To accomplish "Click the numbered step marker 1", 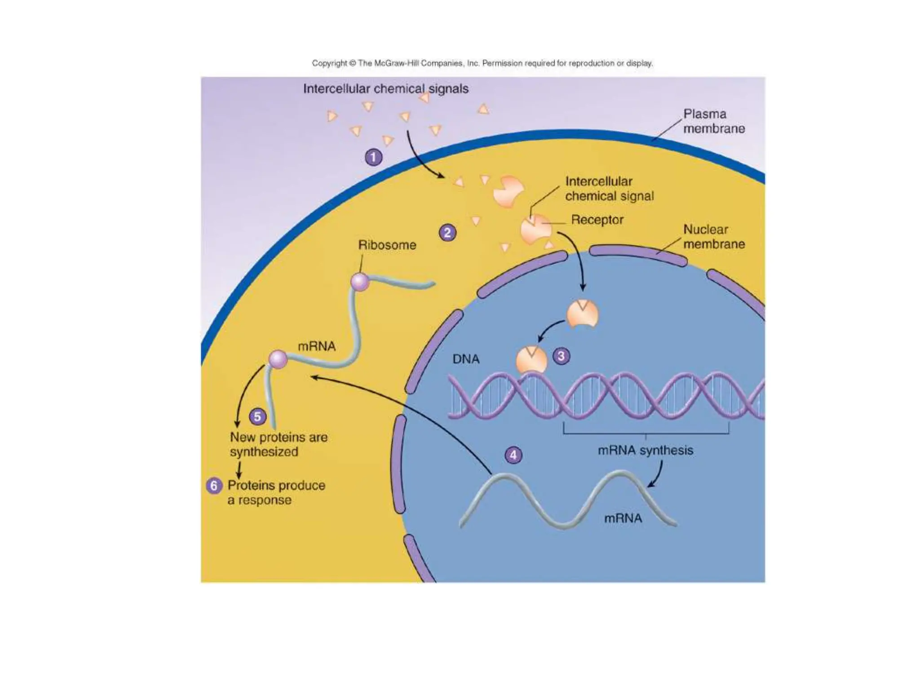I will (x=373, y=157).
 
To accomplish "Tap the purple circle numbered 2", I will (x=447, y=233).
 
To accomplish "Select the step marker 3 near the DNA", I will (x=561, y=356).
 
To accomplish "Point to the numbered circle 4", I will (x=513, y=455).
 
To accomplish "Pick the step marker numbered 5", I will (x=257, y=416).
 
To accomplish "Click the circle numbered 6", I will (x=214, y=486).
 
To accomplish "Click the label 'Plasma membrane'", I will (x=714, y=121).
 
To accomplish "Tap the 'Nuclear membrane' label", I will (x=714, y=237).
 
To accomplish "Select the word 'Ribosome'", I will (x=387, y=245).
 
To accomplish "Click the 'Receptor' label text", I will (x=597, y=220).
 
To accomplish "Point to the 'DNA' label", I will (x=466, y=359).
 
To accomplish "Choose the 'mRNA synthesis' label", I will (x=645, y=450).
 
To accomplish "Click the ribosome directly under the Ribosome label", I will (x=359, y=282).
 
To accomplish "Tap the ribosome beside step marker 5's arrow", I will (x=278, y=359).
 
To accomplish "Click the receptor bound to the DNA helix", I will (x=531, y=361).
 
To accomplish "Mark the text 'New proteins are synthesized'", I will (x=279, y=444).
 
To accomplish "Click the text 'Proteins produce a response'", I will (x=276, y=492).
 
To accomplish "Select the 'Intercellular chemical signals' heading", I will (x=385, y=89).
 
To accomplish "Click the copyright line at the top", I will (x=482, y=63).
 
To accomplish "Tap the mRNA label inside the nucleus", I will (x=623, y=518).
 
